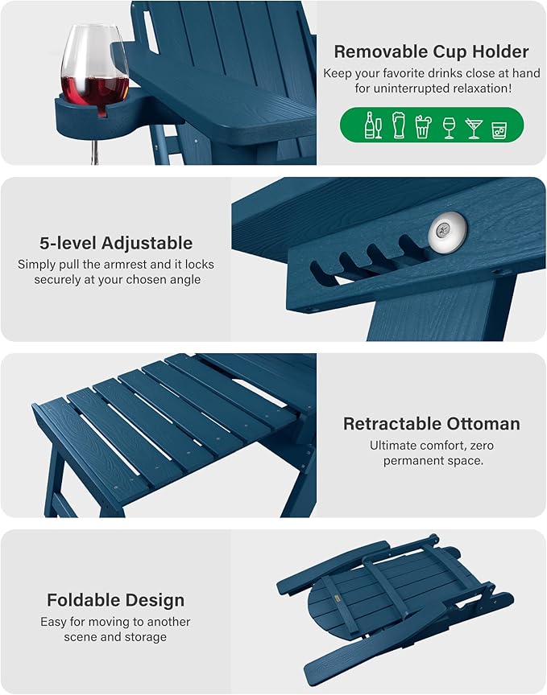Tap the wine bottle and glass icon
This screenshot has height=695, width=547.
pyautogui.click(x=373, y=125)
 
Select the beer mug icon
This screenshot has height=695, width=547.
pyautogui.click(x=399, y=125)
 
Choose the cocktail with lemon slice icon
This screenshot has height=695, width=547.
pyautogui.click(x=423, y=126)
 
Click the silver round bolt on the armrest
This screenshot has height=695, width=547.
pyautogui.click(x=447, y=230)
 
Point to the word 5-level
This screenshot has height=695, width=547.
pyautogui.click(x=68, y=243)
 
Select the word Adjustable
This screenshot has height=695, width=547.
pyautogui.click(x=147, y=244)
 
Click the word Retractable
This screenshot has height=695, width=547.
pyautogui.click(x=392, y=424)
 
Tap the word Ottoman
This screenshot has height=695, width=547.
pyautogui.click(x=483, y=424)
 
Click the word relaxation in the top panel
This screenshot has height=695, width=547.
pyautogui.click(x=483, y=88)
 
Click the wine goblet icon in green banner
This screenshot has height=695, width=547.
pyautogui.click(x=449, y=128)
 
